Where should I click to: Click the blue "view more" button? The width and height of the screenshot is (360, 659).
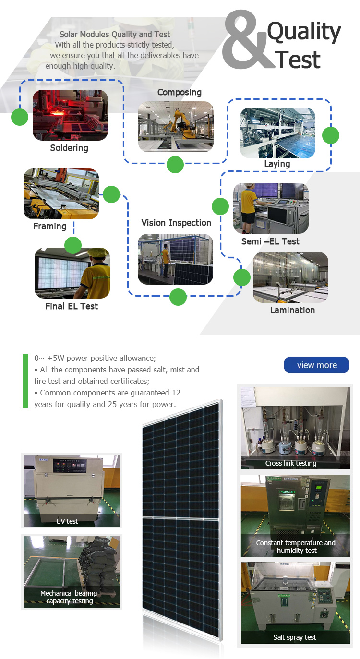(316, 365)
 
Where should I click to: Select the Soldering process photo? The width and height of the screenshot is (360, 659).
(70, 115)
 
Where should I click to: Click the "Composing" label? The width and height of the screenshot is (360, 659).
(180, 92)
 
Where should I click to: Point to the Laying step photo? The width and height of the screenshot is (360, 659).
(277, 133)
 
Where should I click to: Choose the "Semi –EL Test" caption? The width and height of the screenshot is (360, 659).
(270, 241)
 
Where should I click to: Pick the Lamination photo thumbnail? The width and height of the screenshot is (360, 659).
(290, 277)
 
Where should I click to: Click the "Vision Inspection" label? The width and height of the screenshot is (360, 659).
(176, 223)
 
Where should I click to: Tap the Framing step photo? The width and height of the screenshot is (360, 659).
(61, 194)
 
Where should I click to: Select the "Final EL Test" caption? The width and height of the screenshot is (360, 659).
(72, 306)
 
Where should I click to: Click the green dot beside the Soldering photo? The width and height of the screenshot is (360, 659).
(20, 117)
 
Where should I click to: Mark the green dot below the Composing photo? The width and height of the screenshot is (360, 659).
(175, 165)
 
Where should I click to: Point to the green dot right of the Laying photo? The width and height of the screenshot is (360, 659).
(330, 135)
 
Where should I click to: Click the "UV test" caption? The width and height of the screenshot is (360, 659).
(67, 521)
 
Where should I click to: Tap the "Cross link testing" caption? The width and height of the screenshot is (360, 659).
(291, 463)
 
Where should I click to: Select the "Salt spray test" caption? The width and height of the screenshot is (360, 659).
(295, 637)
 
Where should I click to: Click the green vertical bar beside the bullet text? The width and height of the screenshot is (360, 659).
(25, 381)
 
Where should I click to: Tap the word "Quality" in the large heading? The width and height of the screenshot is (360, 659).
(304, 32)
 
